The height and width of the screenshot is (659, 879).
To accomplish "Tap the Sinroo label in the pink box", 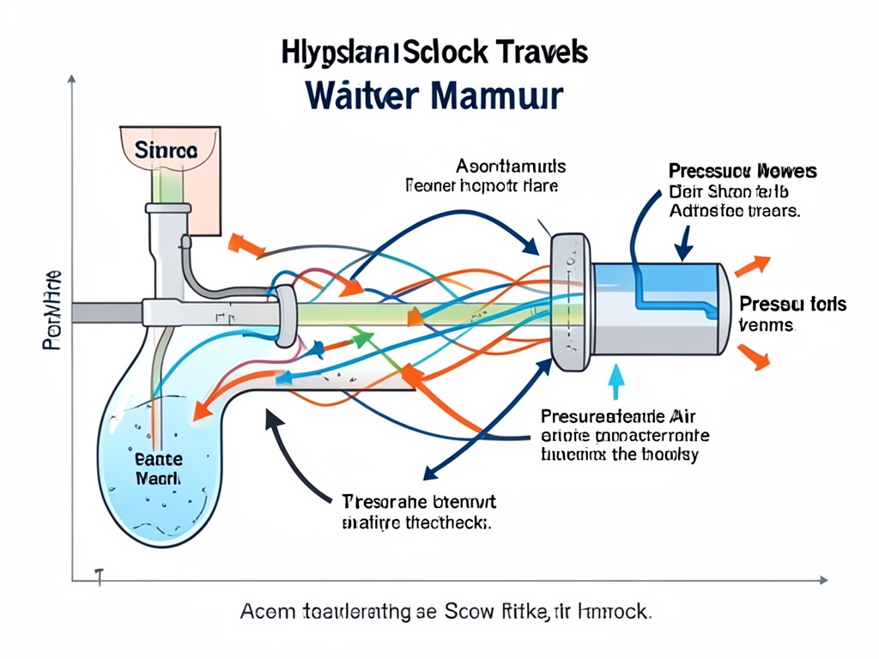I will (x=166, y=149).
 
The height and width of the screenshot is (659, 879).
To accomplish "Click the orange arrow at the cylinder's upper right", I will (x=751, y=265).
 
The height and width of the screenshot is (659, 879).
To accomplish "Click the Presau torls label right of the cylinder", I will (x=792, y=305).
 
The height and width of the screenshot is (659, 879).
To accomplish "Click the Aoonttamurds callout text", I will (x=511, y=166).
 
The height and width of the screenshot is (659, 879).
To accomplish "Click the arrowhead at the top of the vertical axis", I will (x=71, y=79).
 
